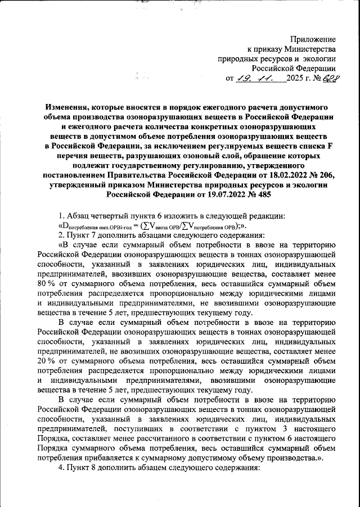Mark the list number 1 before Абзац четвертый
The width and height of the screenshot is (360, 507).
[61, 216]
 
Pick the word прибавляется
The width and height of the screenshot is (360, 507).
[102, 459]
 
